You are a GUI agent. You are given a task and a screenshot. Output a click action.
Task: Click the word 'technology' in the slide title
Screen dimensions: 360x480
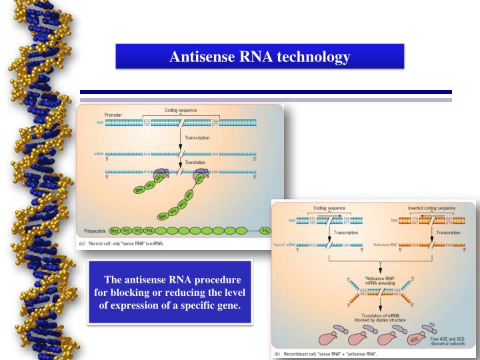pyautogui.click(x=313, y=57)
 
